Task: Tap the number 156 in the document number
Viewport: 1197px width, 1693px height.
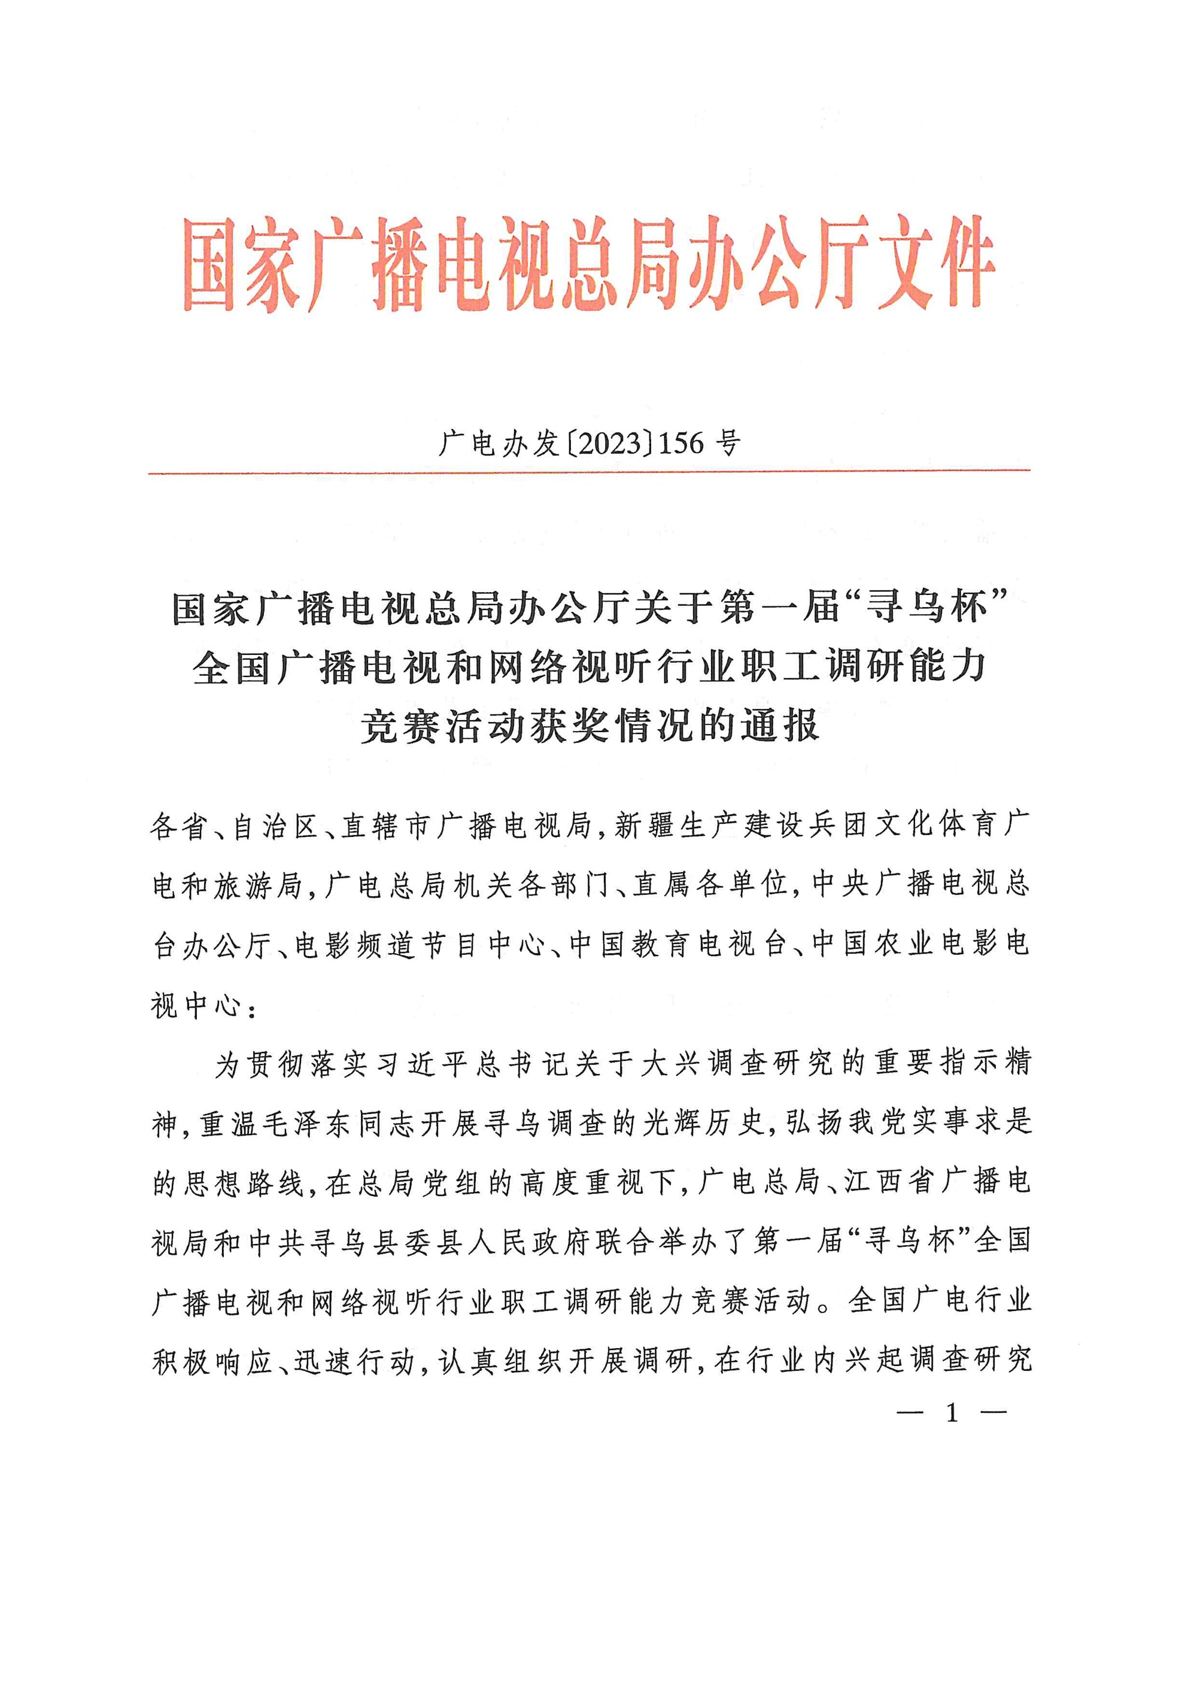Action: click(x=685, y=443)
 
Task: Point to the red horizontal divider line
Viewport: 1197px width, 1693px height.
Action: click(x=589, y=471)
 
